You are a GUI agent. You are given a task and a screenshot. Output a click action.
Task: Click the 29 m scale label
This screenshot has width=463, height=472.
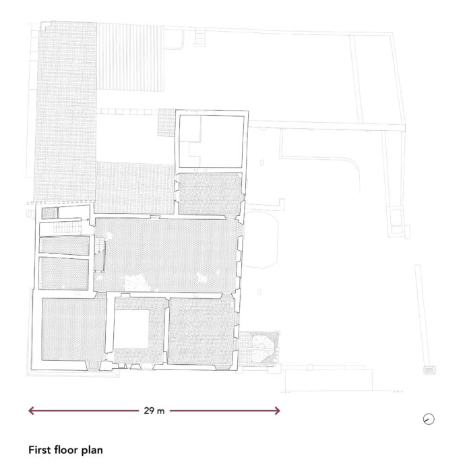(x=154, y=411)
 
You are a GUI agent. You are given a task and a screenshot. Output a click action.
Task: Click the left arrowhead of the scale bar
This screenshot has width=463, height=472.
(x=31, y=411)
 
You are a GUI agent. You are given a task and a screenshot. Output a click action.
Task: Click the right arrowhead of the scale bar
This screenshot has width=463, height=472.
(x=277, y=411)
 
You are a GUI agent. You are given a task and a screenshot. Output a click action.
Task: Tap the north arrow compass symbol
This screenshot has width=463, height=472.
(x=429, y=419)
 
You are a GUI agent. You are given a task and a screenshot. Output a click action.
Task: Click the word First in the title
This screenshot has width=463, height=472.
(x=39, y=450)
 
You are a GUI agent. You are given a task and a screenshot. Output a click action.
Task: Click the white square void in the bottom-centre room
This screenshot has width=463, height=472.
(x=131, y=328)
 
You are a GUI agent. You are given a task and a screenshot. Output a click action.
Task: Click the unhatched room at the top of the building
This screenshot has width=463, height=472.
(x=211, y=142)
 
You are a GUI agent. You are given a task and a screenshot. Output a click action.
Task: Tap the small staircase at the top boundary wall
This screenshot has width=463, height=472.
(x=199, y=36)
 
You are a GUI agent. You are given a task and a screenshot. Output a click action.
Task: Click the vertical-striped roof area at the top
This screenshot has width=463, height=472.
(x=130, y=57)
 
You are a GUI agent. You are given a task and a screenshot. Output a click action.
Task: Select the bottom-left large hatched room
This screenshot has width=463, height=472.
(x=73, y=329)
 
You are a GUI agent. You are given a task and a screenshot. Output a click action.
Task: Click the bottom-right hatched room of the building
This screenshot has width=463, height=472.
(x=201, y=332)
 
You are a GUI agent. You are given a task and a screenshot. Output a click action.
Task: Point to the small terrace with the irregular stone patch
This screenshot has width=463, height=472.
(x=259, y=349)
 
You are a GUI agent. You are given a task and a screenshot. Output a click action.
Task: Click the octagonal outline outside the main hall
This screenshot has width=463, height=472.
(x=261, y=239)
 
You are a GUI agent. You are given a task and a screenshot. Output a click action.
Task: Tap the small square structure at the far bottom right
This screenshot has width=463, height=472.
(x=429, y=370)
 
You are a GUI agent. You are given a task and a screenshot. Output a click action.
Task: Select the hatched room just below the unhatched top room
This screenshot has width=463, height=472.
(x=210, y=194)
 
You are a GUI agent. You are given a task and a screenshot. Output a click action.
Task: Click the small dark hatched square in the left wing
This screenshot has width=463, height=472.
(x=49, y=213)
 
